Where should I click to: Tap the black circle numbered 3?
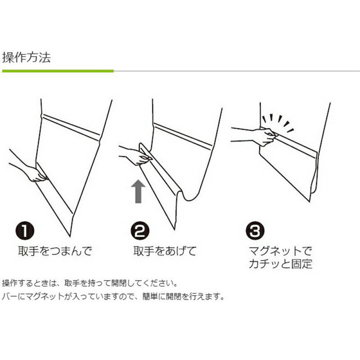[255, 233]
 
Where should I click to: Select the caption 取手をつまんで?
[55, 251]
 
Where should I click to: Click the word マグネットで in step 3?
[280, 251]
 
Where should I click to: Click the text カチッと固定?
[280, 264]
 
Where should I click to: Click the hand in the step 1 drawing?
[34, 173]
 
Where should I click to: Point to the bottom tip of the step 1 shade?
[70, 234]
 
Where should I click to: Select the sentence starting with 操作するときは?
[90, 284]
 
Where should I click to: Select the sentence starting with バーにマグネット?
[113, 297]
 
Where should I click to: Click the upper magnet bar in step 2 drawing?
[183, 136]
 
